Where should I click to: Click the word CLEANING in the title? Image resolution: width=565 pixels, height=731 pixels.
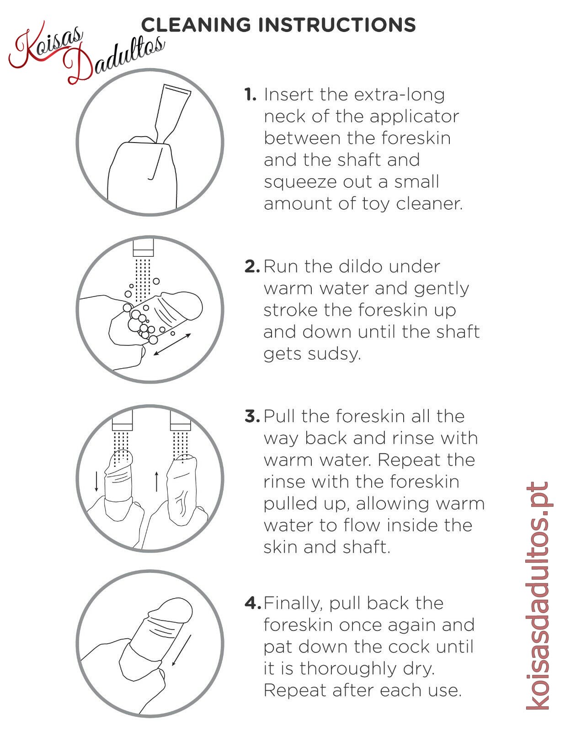click(196, 25)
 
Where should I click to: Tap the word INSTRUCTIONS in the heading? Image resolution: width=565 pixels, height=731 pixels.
click(337, 25)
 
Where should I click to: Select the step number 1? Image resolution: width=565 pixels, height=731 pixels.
click(250, 95)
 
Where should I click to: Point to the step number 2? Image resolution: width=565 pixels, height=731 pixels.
click(252, 266)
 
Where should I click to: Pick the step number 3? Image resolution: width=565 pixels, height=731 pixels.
click(252, 416)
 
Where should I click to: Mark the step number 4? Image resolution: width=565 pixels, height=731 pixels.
click(253, 603)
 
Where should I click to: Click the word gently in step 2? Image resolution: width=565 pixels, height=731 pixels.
click(441, 289)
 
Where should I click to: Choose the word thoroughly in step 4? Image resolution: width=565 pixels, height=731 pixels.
click(348, 669)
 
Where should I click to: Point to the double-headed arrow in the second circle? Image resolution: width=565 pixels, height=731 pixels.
click(172, 344)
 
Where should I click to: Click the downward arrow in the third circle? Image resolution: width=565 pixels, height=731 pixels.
click(96, 481)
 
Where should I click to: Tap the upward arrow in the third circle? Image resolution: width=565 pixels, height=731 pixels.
click(156, 481)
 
